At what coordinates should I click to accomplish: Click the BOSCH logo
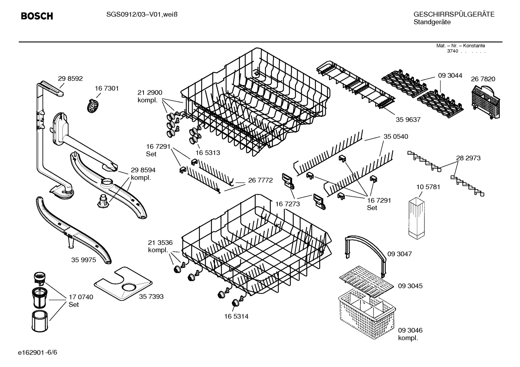(x=37, y=16)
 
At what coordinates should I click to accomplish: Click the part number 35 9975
(x=84, y=260)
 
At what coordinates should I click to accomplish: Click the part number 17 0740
(x=81, y=297)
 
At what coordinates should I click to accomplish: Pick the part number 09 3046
(x=410, y=330)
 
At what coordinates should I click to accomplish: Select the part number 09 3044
(x=450, y=76)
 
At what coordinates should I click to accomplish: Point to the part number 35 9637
(x=408, y=120)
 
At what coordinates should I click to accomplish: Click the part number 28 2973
(x=468, y=158)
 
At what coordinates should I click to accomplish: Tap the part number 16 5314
(x=236, y=317)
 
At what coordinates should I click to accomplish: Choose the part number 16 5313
(x=208, y=153)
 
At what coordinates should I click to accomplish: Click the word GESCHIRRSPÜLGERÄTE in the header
(x=454, y=14)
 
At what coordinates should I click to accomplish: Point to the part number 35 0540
(x=396, y=136)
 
